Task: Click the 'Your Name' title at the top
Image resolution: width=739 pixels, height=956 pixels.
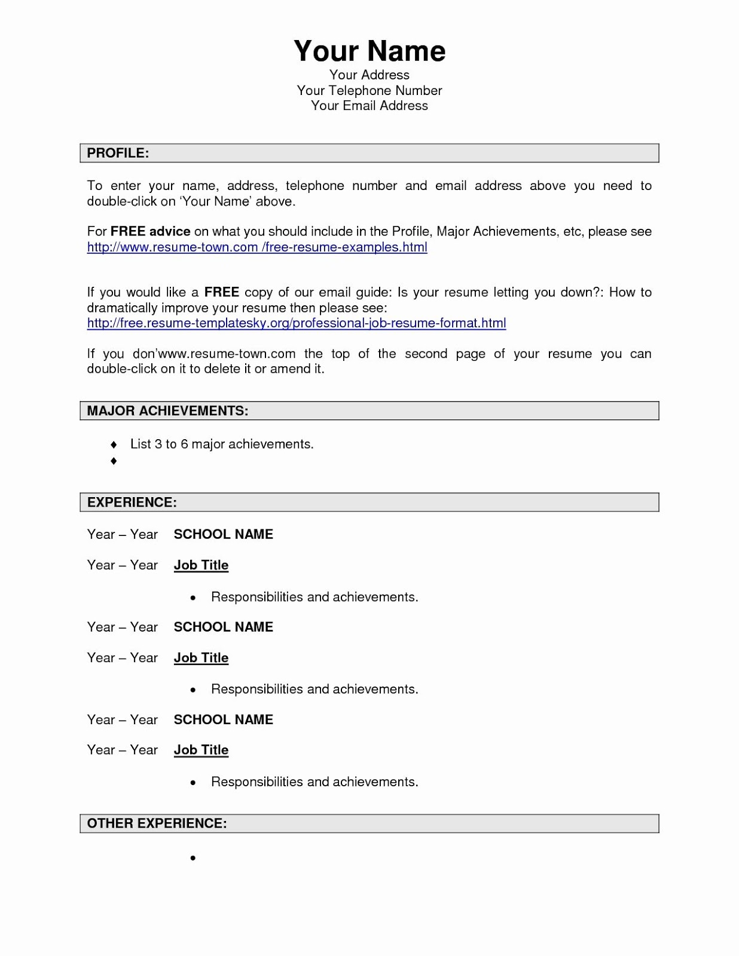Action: tap(369, 51)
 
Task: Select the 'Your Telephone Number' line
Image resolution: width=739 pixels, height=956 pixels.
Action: tap(369, 91)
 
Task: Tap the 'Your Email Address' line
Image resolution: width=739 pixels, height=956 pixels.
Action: tap(369, 106)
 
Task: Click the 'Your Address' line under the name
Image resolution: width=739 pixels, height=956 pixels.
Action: tap(369, 75)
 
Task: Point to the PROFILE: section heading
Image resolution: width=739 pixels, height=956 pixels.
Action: tap(118, 153)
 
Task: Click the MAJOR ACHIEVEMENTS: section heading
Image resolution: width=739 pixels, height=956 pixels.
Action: tap(167, 411)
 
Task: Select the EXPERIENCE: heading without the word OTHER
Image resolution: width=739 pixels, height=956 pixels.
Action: tap(132, 502)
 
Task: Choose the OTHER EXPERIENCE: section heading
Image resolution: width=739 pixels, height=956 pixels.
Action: tap(157, 823)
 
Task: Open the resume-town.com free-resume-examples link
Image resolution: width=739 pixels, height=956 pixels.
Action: tap(257, 247)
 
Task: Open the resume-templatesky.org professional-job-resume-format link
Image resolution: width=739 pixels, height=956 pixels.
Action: tap(297, 323)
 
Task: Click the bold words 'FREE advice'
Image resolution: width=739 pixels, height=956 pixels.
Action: tap(151, 232)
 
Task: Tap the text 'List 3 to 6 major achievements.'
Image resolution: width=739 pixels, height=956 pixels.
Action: tap(222, 444)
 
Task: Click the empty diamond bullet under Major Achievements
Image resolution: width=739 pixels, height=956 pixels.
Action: tap(114, 461)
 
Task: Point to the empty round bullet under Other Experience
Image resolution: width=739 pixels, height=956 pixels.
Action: tap(193, 858)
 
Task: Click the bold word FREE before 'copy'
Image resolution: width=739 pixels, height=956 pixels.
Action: tap(222, 293)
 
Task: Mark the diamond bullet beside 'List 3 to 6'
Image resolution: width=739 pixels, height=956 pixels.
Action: tap(114, 445)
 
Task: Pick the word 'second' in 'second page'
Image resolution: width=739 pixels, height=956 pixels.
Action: tap(426, 354)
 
